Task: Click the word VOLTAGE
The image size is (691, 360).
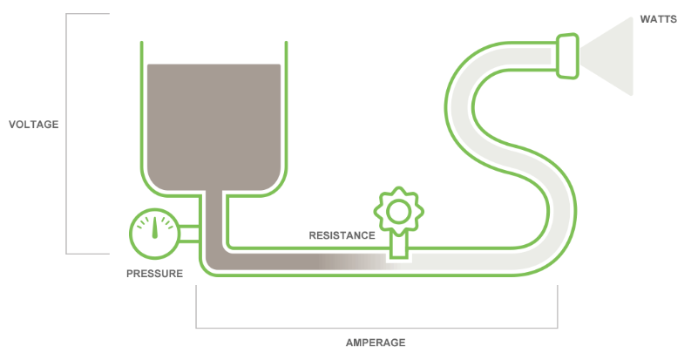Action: click(33, 125)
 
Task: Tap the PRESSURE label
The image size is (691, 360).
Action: click(154, 274)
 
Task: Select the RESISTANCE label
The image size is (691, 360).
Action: click(342, 235)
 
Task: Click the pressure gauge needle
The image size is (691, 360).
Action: click(156, 228)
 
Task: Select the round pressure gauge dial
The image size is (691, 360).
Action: click(153, 234)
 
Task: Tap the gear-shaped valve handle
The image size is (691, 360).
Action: click(398, 210)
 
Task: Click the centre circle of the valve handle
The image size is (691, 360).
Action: click(398, 210)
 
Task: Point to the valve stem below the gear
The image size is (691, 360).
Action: click(398, 245)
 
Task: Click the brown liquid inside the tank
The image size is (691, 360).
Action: click(213, 122)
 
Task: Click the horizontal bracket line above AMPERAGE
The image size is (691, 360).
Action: click(375, 328)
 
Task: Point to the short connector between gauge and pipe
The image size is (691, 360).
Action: click(189, 234)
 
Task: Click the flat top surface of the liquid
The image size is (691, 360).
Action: click(213, 65)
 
